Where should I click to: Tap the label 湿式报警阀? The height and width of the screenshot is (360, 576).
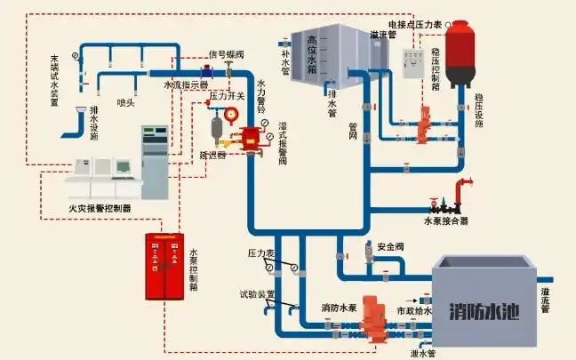click(x=282, y=145)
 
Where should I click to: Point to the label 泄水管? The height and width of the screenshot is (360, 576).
click(x=422, y=353)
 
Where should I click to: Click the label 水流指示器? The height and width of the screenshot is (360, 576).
click(x=185, y=85)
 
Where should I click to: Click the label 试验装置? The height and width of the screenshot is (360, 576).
click(x=257, y=295)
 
